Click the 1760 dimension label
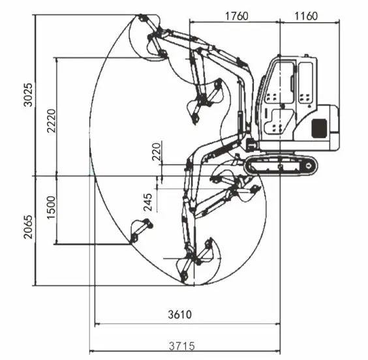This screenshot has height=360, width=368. pyautogui.click(x=236, y=16)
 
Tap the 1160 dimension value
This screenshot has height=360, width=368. pyautogui.click(x=306, y=16)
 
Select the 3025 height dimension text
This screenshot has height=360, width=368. pyautogui.click(x=29, y=95)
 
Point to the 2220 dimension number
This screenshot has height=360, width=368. pyautogui.click(x=52, y=121)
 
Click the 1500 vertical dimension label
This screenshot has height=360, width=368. pyautogui.click(x=52, y=207)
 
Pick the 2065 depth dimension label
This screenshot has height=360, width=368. pyautogui.click(x=29, y=227)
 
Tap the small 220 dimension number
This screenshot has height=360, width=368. pyautogui.click(x=157, y=151)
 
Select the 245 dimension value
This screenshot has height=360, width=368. pyautogui.click(x=148, y=202)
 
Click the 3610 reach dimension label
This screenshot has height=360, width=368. pyautogui.click(x=180, y=314)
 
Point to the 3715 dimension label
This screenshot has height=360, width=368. pyautogui.click(x=182, y=346)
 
